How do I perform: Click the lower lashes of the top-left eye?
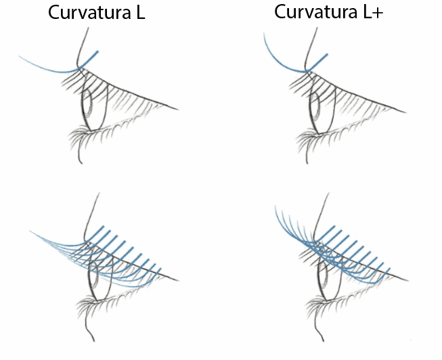click(85, 139)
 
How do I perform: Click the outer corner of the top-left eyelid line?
click(178, 108)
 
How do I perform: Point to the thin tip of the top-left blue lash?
click(21, 57)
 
